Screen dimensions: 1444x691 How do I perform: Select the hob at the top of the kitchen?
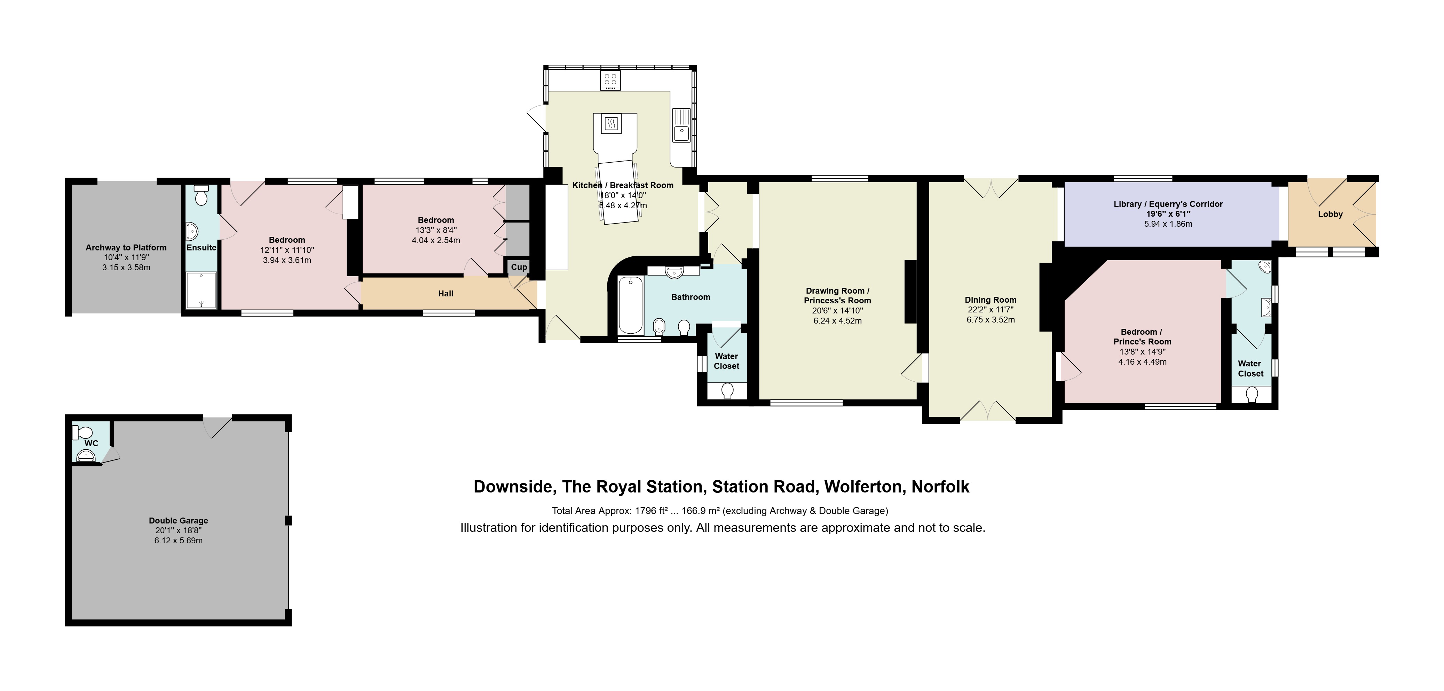(610, 80)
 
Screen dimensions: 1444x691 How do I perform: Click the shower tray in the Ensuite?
(201, 290)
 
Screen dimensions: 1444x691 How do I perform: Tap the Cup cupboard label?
(519, 267)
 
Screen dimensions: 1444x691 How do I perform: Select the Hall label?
(445, 293)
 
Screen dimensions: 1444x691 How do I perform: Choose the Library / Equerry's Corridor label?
(1168, 204)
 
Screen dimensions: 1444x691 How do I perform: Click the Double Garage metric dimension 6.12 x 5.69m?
(178, 541)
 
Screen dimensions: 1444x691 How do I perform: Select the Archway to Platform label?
(126, 247)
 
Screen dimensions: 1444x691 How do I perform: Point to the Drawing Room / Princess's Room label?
(837, 296)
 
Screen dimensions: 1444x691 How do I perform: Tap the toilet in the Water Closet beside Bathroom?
(728, 390)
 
